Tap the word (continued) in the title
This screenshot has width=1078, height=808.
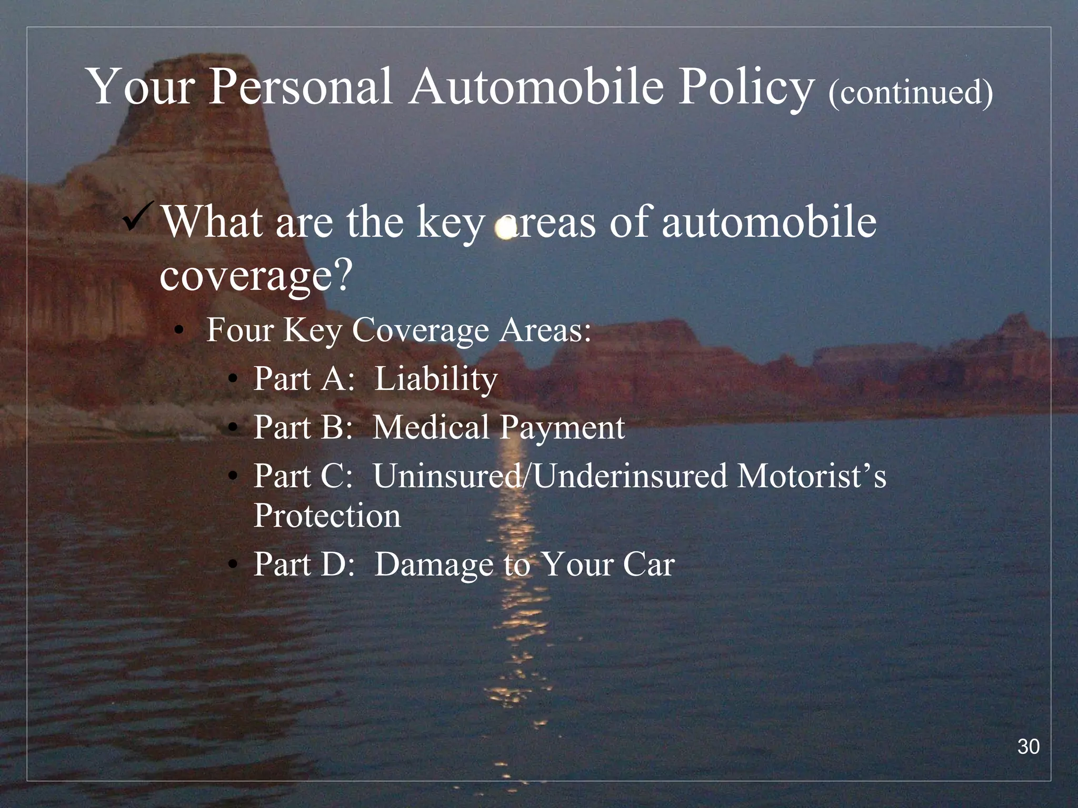910,92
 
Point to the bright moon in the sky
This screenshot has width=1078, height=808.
505,229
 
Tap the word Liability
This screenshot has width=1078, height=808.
436,379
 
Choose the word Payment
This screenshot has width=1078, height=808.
562,428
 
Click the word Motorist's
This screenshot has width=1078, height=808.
811,476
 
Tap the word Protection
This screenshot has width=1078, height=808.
327,515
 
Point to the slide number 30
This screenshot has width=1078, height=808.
1028,746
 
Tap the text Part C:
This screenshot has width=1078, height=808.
303,476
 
